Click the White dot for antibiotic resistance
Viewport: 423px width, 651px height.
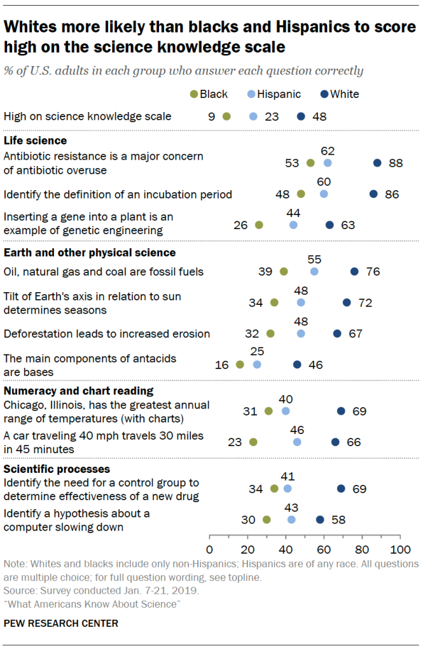[377, 163]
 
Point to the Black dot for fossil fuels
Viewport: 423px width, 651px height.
[284, 271]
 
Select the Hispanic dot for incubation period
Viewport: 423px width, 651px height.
[324, 194]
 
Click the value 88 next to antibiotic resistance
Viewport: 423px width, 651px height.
[396, 163]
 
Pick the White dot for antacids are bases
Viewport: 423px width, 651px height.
[297, 365]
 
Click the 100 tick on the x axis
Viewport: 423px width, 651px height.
[399, 549]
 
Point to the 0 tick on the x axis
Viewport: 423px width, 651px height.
[209, 549]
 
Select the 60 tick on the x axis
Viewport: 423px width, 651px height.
[324, 549]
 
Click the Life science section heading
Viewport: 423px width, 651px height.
[36, 141]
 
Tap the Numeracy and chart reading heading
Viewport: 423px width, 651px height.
[79, 391]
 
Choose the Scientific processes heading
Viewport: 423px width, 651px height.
[57, 469]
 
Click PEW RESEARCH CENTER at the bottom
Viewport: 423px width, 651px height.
[60, 623]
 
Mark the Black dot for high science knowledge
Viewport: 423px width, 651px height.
[226, 116]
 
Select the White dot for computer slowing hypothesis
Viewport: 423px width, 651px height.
[320, 520]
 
